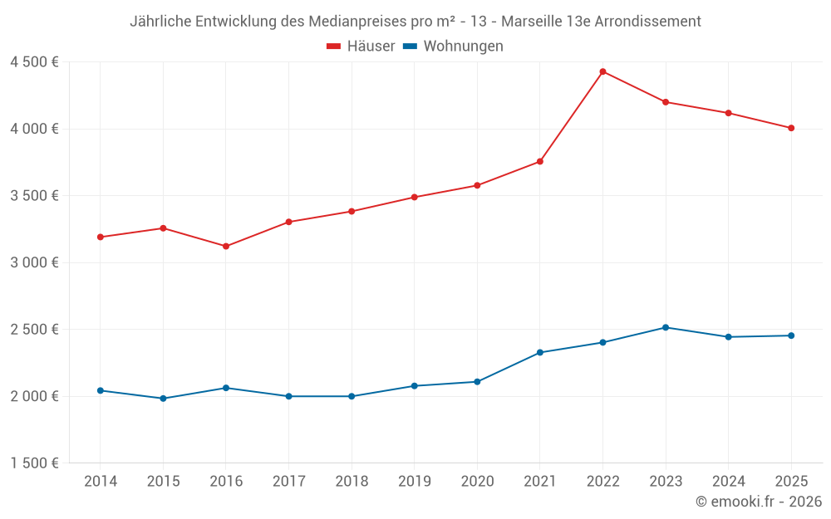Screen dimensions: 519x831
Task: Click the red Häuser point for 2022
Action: (602, 71)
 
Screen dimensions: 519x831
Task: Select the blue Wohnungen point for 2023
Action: (666, 327)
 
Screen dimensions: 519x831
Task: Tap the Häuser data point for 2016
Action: (226, 246)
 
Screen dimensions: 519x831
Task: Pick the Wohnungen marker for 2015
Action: (163, 399)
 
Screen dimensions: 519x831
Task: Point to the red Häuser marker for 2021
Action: (540, 161)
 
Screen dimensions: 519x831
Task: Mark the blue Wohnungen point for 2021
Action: (540, 353)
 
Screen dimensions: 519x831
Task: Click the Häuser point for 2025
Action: (791, 128)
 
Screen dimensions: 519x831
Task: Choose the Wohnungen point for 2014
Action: (101, 390)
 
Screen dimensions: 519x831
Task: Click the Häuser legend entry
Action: (361, 47)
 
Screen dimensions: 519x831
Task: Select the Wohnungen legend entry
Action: (453, 47)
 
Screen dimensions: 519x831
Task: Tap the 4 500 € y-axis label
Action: (34, 62)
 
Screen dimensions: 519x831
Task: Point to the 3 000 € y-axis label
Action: (34, 262)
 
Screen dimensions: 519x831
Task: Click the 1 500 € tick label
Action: (34, 463)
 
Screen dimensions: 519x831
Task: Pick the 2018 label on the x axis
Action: (352, 482)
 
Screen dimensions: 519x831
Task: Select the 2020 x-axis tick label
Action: (477, 482)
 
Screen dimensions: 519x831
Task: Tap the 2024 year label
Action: (729, 482)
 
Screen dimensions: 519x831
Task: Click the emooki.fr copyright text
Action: (759, 502)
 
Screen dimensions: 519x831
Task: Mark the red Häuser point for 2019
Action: (414, 197)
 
